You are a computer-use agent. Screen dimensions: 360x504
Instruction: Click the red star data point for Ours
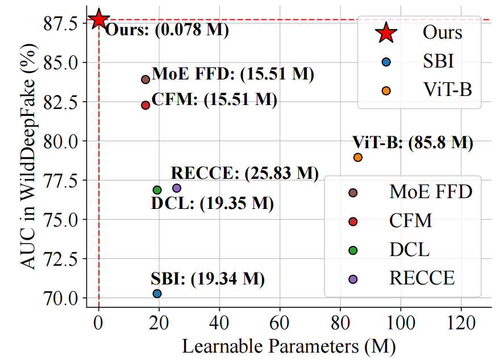tap(99, 19)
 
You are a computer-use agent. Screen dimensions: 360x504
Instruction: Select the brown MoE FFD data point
tap(145, 79)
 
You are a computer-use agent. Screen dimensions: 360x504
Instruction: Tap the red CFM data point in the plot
tap(145, 105)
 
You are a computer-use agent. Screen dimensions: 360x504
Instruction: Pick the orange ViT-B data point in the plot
tap(358, 157)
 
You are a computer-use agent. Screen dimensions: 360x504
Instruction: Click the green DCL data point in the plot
tap(157, 190)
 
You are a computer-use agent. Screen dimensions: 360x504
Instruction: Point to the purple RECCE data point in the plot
tap(177, 188)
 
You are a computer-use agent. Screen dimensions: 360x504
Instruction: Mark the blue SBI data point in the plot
tap(157, 294)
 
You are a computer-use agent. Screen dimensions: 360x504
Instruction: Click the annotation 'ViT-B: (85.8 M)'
tap(413, 143)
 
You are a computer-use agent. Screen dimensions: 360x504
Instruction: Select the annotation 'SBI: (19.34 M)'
tap(208, 279)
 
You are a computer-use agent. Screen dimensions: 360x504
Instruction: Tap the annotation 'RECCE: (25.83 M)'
tap(245, 173)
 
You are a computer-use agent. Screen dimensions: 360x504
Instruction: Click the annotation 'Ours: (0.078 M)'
tap(166, 30)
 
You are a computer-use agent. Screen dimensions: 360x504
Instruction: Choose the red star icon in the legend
tap(386, 32)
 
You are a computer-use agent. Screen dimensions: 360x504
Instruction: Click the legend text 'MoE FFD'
tap(431, 192)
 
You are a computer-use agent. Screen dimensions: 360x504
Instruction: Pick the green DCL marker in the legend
tap(353, 249)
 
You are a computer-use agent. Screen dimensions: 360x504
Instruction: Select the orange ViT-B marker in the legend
tap(386, 90)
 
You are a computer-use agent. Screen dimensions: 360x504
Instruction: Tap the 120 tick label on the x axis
tap(461, 324)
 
